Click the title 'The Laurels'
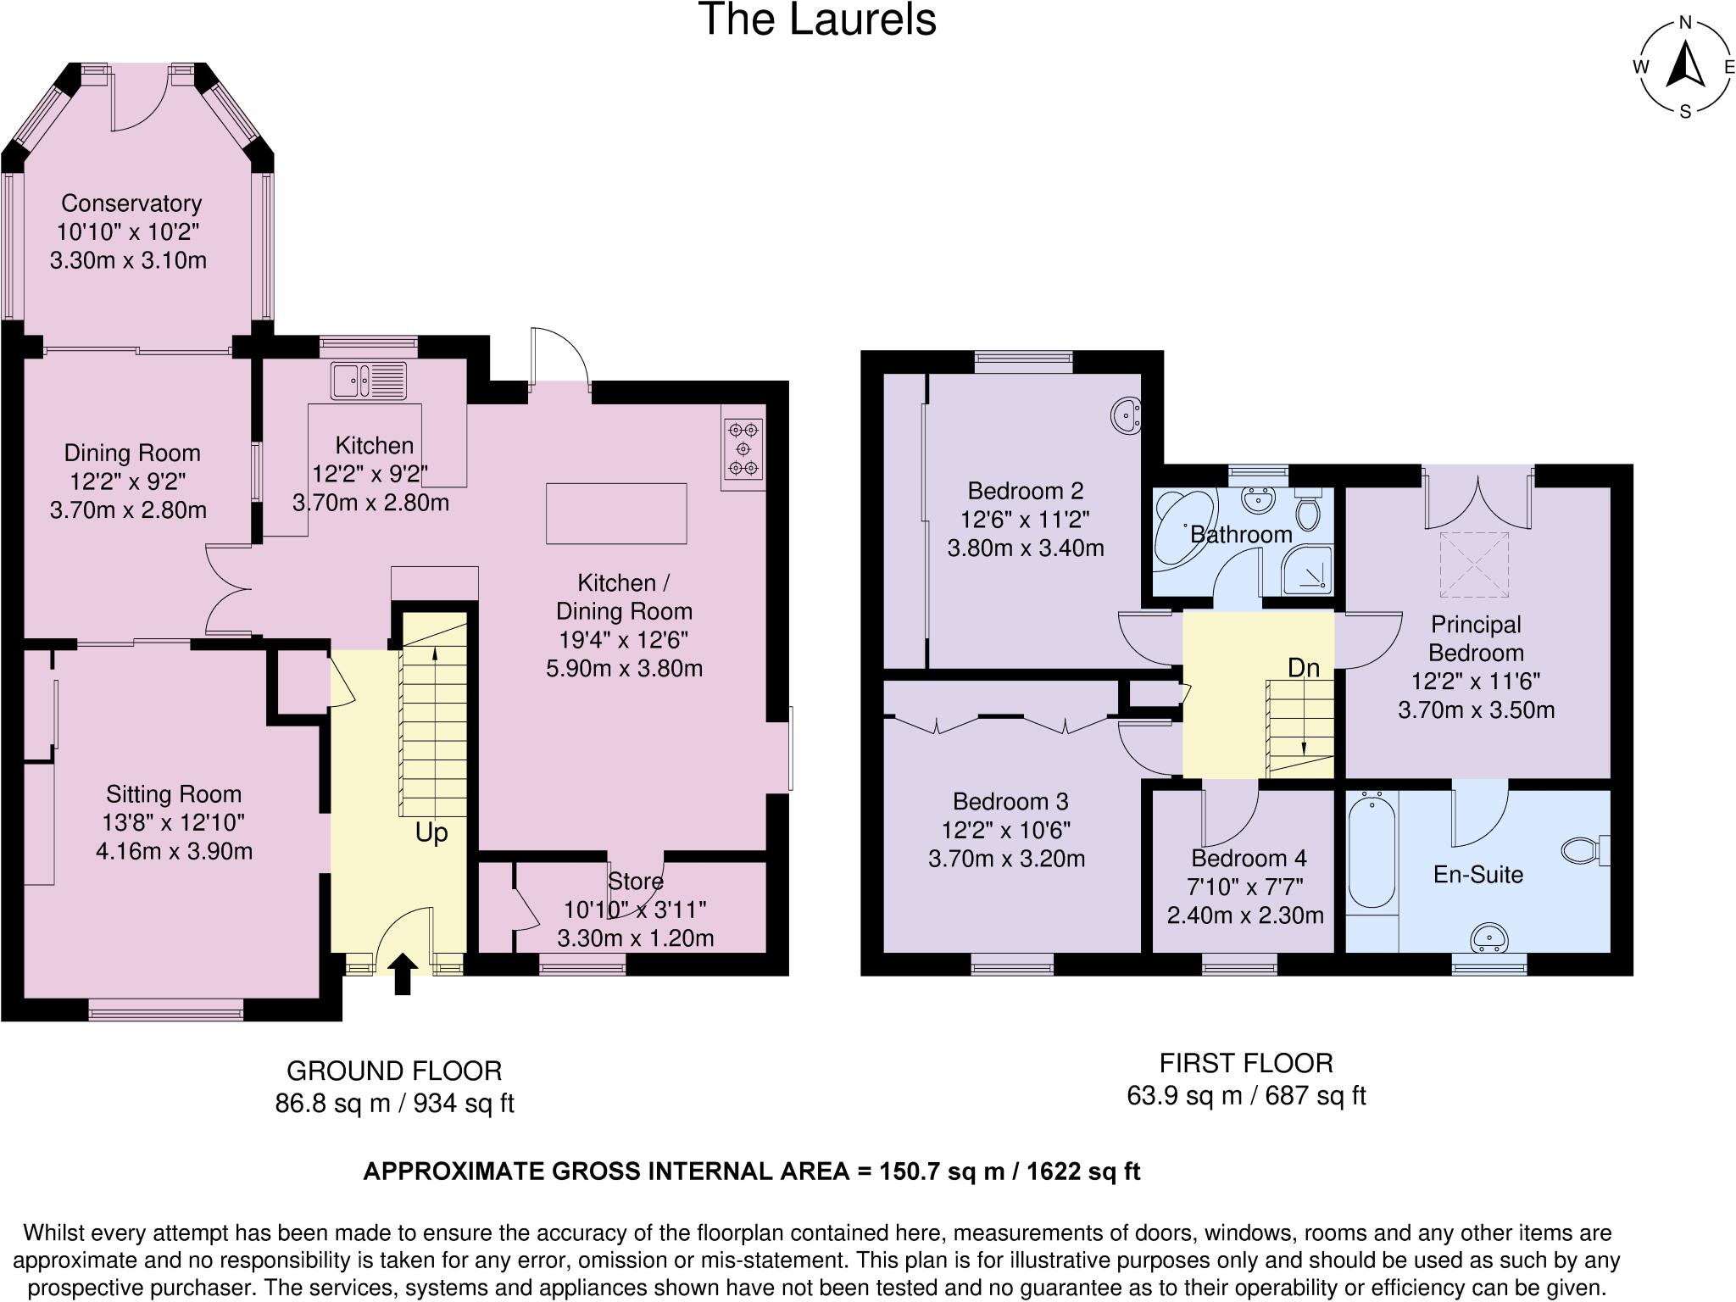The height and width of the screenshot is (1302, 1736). [817, 19]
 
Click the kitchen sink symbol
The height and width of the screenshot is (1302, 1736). [369, 380]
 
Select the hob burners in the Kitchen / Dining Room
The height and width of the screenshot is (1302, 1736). [743, 448]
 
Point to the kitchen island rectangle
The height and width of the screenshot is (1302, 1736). [616, 513]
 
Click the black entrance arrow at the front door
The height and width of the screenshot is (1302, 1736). [403, 973]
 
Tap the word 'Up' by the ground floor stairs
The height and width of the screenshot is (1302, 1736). [431, 832]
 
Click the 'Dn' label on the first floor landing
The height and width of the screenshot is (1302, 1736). [1303, 668]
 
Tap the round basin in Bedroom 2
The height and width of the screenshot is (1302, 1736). [1127, 415]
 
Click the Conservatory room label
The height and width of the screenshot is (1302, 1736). [131, 203]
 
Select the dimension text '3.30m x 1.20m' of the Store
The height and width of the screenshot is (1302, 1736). [635, 938]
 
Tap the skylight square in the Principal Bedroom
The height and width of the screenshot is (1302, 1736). [1475, 565]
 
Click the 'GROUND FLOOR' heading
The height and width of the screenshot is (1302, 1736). [394, 1071]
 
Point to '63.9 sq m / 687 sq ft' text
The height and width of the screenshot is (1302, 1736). [1246, 1096]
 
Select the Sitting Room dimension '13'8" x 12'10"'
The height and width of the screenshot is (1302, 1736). [174, 822]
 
